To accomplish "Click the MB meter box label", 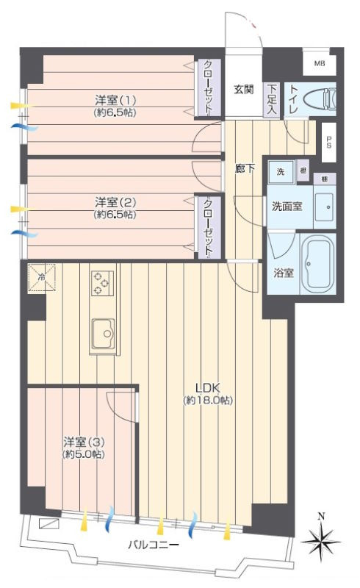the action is click(x=320, y=63).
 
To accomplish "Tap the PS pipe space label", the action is click(x=329, y=142).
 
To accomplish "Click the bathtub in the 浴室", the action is click(x=317, y=264).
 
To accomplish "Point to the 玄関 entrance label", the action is click(x=244, y=89).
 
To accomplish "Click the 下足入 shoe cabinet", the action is click(x=272, y=100).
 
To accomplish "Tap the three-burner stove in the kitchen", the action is click(x=102, y=282).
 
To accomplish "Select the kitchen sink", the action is click(x=104, y=334).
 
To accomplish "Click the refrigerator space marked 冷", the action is click(x=42, y=278).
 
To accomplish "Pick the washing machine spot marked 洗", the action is click(x=281, y=172).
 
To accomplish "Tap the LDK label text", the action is click(x=208, y=388).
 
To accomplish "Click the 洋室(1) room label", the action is click(x=115, y=100).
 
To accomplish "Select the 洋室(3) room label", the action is click(x=84, y=442).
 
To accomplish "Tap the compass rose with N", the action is click(x=320, y=539).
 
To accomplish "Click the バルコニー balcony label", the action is click(x=153, y=544).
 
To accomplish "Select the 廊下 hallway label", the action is click(x=245, y=168).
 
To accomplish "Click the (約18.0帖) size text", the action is click(x=208, y=400).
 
